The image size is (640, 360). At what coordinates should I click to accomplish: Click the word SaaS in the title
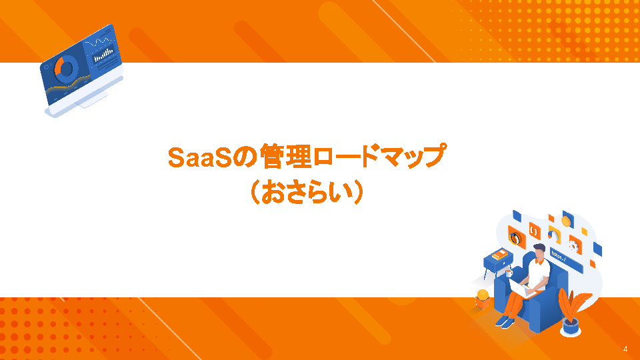pyautogui.click(x=201, y=157)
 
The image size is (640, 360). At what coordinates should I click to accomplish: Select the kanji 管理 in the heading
pyautogui.click(x=286, y=156)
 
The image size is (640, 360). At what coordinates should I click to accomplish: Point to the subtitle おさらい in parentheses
pyautogui.click(x=306, y=192)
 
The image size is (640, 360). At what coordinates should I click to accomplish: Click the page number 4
pyautogui.click(x=625, y=349)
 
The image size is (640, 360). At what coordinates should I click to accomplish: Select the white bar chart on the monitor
pyautogui.click(x=103, y=55)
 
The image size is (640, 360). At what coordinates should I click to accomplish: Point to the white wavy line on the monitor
pyautogui.click(x=98, y=41)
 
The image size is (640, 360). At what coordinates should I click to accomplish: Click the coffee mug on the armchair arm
pyautogui.click(x=509, y=273)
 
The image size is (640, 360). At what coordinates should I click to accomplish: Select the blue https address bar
pyautogui.click(x=566, y=259)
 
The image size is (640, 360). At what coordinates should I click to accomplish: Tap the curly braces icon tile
pyautogui.click(x=534, y=231)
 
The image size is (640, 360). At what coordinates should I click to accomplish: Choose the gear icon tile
pyautogui.click(x=575, y=245)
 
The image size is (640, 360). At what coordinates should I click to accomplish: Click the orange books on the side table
pyautogui.click(x=499, y=255)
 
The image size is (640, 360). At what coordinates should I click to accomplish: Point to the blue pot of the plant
pyautogui.click(x=570, y=327)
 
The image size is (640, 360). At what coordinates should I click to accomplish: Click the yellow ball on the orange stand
pyautogui.click(x=483, y=295)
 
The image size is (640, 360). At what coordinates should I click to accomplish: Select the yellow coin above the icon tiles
pyautogui.click(x=566, y=221)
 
